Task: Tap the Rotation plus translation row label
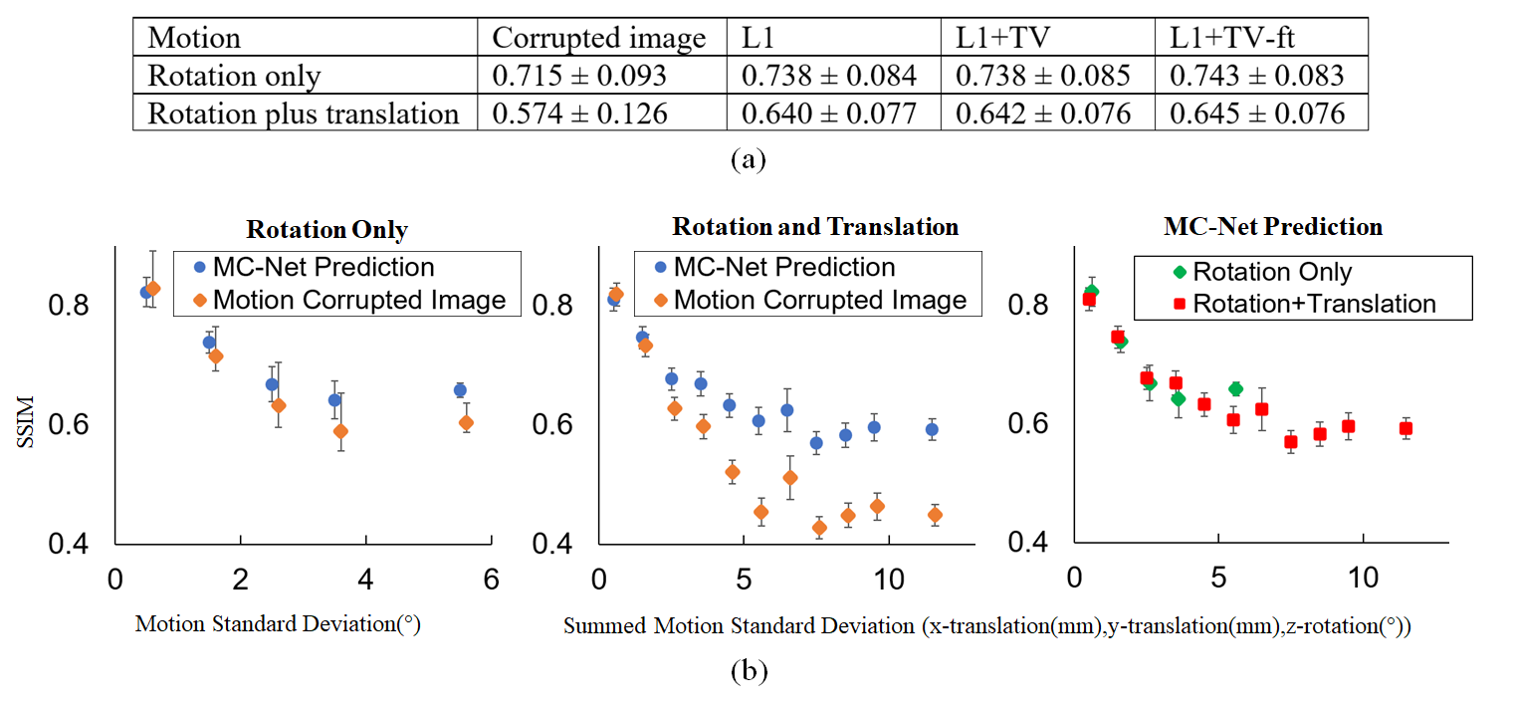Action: click(x=304, y=113)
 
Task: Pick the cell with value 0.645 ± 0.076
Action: click(x=1257, y=113)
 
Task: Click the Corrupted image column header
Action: click(x=599, y=39)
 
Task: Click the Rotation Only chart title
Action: click(x=326, y=230)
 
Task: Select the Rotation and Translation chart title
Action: click(x=815, y=227)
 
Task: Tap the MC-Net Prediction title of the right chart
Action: click(x=1273, y=227)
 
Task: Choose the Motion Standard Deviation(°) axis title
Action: click(x=277, y=625)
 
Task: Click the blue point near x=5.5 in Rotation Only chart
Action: click(x=460, y=390)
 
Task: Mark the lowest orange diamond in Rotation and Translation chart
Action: click(x=819, y=528)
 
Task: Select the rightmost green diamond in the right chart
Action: click(x=1235, y=388)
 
